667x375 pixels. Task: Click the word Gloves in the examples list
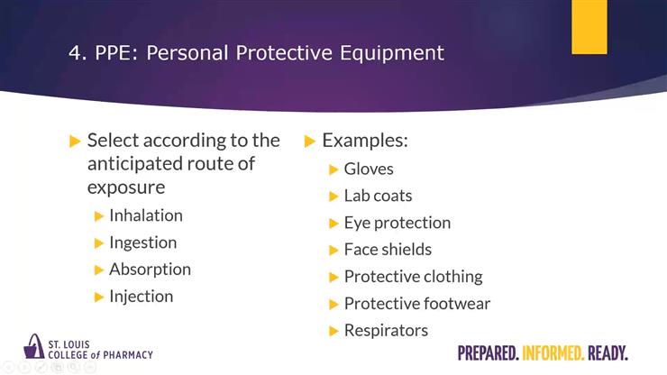coord(369,169)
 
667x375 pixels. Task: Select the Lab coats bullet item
coord(378,196)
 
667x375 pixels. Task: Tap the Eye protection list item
coord(397,223)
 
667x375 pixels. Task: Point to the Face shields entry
coord(388,250)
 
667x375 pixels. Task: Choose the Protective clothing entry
coord(413,277)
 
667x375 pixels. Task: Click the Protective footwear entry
coord(416,304)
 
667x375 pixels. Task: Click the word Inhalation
coord(145,215)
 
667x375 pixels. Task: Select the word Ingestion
coord(142,242)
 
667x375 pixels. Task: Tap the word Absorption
coord(150,270)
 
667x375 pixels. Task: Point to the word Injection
coord(141,297)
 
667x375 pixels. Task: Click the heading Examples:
coord(365,141)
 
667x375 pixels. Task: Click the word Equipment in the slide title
coord(390,53)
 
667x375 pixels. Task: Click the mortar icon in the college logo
coord(34,347)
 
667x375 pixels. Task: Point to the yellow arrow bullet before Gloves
coord(333,169)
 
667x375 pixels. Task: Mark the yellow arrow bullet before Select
coord(75,142)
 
